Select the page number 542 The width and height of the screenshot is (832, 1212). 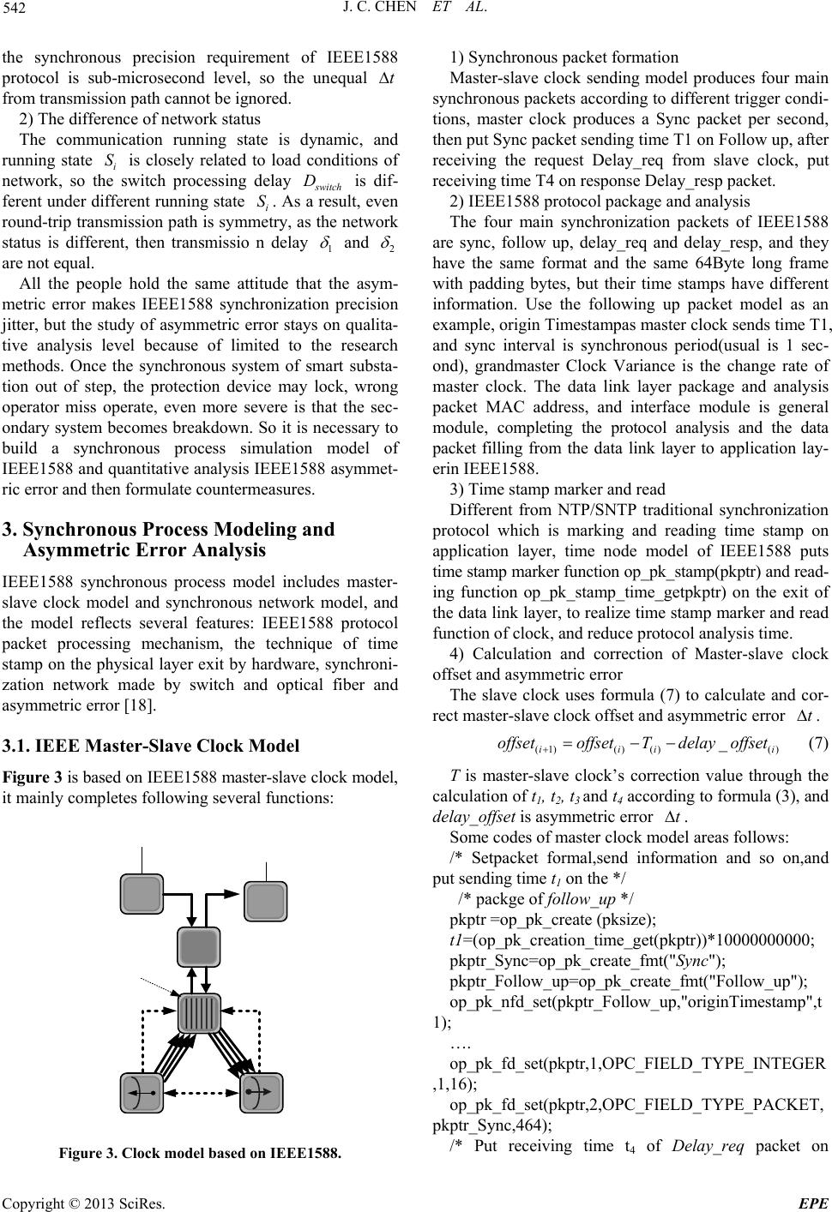point(17,13)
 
